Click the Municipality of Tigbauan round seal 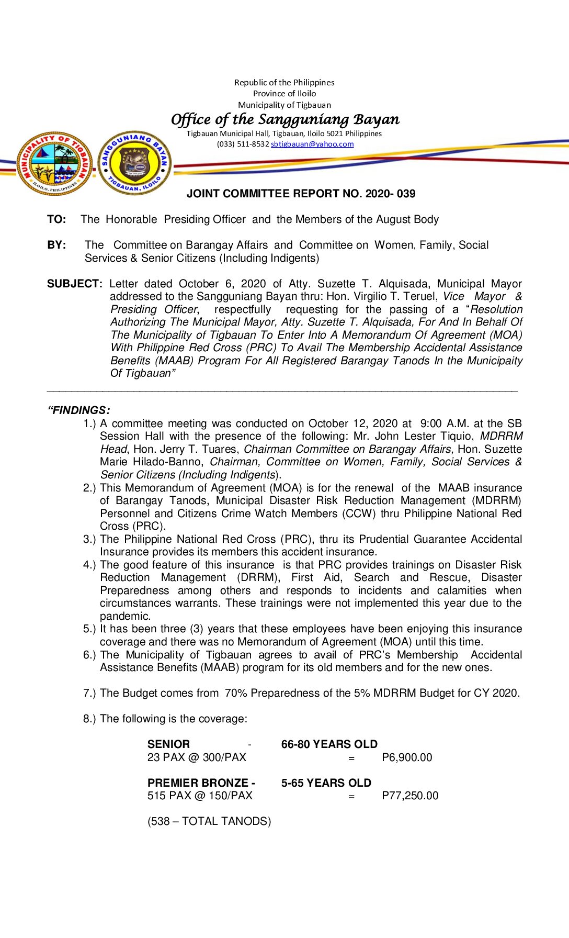click(54, 163)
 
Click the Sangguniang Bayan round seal click(134, 163)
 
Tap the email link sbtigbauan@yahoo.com click(312, 144)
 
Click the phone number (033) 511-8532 click(243, 144)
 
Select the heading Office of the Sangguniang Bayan click(285, 120)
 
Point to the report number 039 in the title click(406, 194)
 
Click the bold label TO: click(56, 219)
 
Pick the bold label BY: click(56, 245)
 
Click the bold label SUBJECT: click(75, 284)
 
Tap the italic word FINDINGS click(80, 410)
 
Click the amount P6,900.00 click(407, 757)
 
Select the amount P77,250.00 click(410, 796)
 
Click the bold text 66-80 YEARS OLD click(329, 744)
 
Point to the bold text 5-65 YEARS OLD click(326, 783)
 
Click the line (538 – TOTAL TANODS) click(209, 821)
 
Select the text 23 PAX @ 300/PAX click(197, 757)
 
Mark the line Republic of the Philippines click(284, 83)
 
